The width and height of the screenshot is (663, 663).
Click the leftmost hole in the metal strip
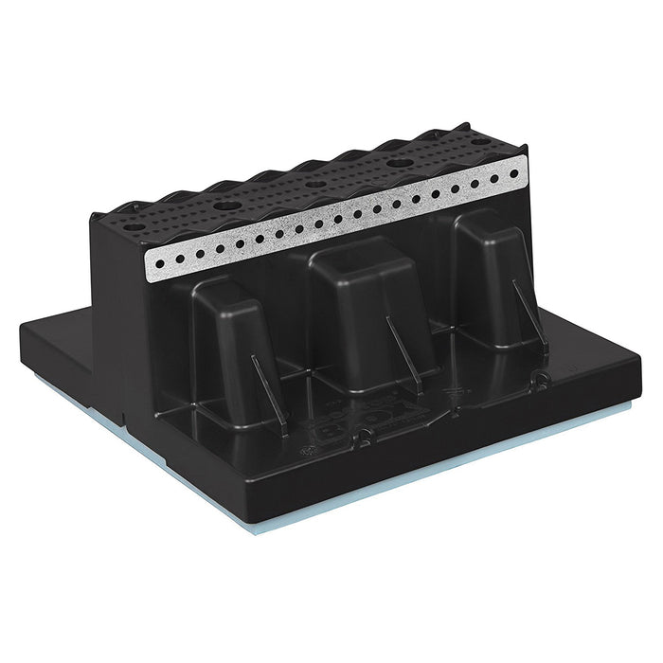tap(158, 262)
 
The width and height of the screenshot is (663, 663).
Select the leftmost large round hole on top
tap(133, 227)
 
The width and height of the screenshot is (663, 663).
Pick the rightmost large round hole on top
tap(480, 143)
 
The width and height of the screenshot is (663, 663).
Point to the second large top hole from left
tap(225, 205)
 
